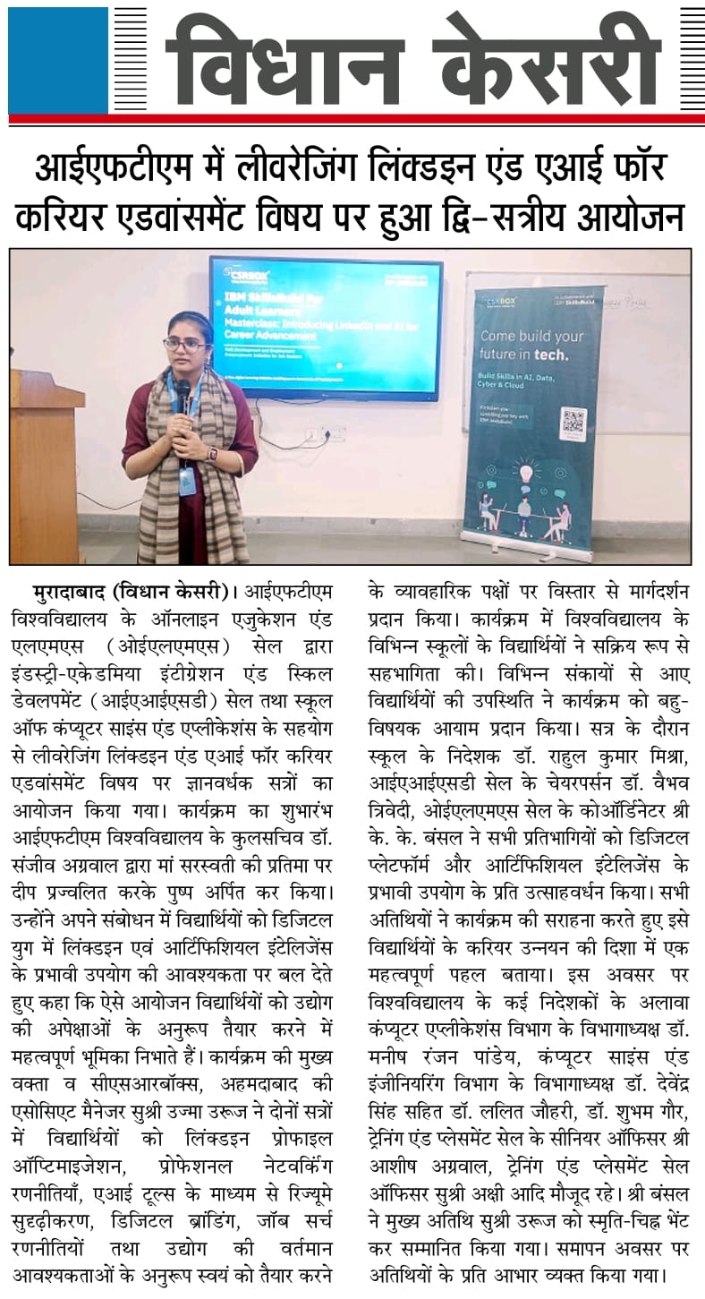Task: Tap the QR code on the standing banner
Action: point(573,423)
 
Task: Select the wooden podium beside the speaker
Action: point(45,466)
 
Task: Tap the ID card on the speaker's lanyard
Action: point(186,480)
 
